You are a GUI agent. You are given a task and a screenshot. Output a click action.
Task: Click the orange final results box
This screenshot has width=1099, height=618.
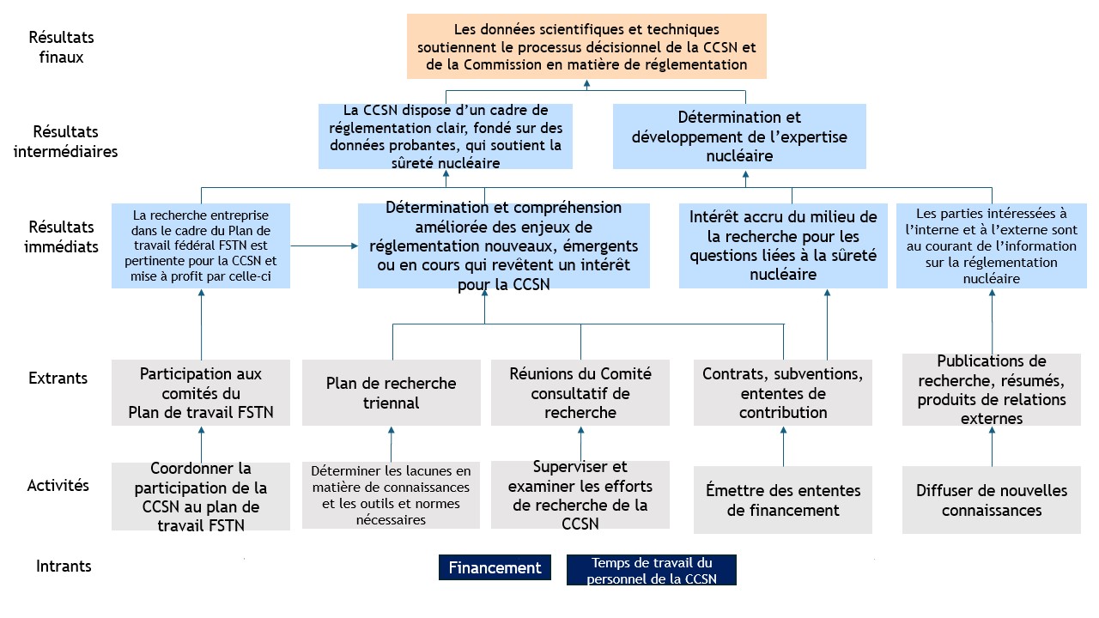586,46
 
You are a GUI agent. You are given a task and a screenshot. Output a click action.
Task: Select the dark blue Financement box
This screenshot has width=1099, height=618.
495,567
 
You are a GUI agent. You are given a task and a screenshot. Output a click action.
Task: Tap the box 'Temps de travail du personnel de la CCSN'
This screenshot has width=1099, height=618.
652,570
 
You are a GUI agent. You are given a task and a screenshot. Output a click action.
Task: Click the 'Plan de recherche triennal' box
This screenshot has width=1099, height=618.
391,392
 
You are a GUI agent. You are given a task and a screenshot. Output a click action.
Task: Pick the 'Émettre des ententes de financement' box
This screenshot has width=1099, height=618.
783,500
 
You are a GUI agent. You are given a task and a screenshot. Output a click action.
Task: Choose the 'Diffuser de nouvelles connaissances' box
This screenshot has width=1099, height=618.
992,500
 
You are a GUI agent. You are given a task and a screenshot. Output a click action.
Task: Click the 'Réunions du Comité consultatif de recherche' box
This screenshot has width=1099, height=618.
580,392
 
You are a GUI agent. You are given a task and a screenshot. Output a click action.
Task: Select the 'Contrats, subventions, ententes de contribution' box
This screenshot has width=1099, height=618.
783,392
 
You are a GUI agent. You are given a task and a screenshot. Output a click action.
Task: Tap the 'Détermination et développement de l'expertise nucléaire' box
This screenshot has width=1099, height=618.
739,136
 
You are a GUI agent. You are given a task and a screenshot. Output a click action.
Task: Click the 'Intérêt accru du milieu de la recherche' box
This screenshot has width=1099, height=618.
783,245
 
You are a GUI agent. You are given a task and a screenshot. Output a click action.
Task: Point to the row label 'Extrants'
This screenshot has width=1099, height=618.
58,379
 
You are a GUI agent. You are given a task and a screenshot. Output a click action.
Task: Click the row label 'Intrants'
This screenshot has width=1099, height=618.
64,566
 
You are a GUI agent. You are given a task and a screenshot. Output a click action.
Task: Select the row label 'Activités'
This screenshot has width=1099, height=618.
58,486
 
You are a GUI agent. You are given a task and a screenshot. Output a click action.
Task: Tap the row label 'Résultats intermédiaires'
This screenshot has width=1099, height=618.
65,142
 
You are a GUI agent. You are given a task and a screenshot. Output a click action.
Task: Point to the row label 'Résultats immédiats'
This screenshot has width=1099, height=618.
61,236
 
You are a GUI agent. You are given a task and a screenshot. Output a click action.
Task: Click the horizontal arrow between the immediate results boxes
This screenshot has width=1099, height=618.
325,245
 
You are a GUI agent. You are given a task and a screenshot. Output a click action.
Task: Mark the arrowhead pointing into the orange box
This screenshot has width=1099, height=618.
586,84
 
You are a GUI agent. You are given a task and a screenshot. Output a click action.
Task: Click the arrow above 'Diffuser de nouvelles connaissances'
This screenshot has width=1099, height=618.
992,446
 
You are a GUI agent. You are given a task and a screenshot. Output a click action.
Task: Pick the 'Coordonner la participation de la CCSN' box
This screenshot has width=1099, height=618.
201,496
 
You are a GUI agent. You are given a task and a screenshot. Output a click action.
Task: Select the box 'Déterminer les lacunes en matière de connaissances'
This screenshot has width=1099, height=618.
391,495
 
